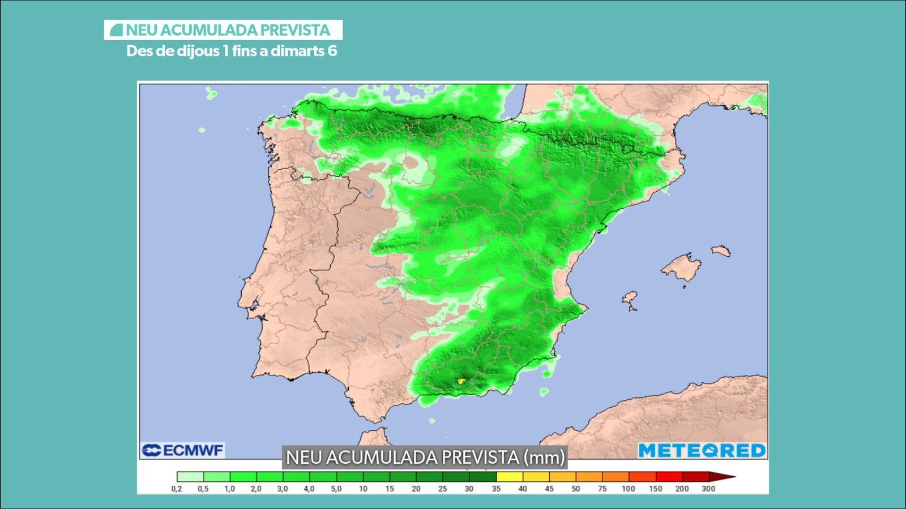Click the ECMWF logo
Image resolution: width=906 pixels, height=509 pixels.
coord(182,450)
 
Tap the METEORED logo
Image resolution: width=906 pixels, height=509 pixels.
coord(702,451)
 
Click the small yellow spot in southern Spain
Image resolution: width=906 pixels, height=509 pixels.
coord(461,381)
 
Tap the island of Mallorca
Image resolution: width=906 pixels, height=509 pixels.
coord(682,266)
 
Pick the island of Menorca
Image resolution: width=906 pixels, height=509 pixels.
coord(721,251)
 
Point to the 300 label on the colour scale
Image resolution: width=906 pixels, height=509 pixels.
coord(708,489)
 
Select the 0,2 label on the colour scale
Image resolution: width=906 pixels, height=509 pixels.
coord(177,489)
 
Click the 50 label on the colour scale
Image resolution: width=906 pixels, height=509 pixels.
coord(575,489)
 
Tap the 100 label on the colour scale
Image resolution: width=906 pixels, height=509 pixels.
coord(629,489)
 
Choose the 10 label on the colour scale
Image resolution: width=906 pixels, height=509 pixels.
coord(363,489)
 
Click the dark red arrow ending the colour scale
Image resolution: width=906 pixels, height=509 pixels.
coord(722,477)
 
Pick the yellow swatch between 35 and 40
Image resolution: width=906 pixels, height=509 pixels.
coord(510,477)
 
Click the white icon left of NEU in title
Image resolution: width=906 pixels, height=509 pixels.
coord(116,30)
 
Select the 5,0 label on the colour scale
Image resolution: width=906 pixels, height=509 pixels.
coord(336,489)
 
